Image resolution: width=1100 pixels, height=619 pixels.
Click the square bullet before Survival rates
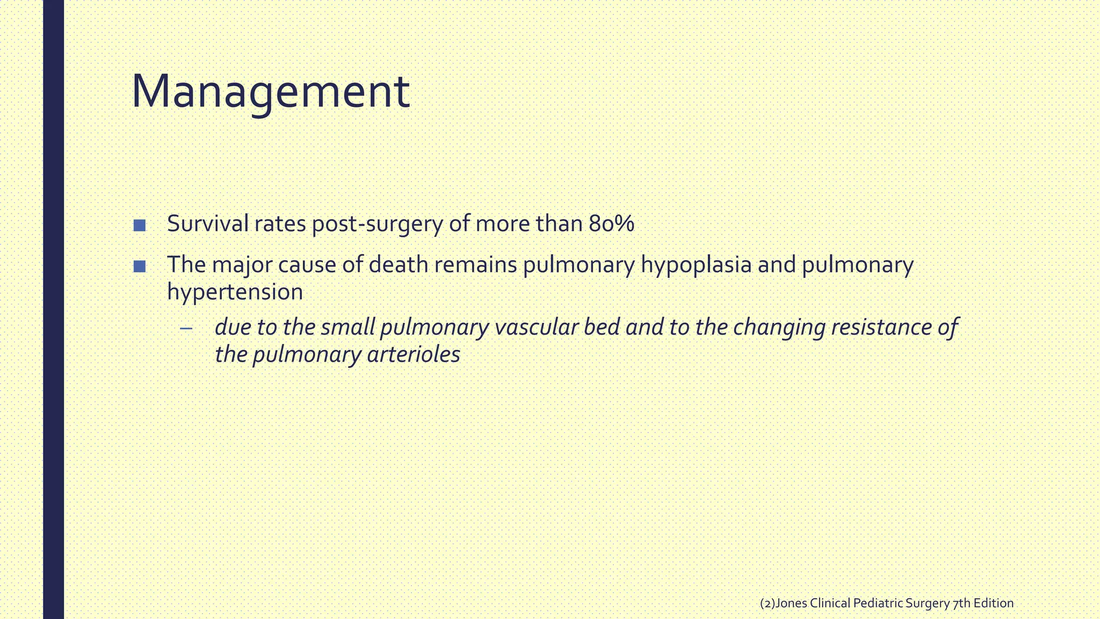tap(140, 225)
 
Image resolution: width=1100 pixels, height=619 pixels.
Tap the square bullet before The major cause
tap(140, 266)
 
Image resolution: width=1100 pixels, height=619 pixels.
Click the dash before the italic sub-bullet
tap(186, 328)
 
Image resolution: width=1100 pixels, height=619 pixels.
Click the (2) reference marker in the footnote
tap(768, 603)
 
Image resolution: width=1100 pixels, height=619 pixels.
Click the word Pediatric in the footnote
tap(878, 603)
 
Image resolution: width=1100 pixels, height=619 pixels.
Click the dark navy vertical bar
tap(53, 309)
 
